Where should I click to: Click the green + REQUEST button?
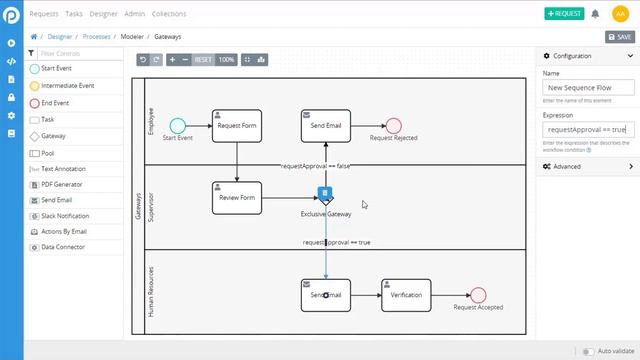click(564, 14)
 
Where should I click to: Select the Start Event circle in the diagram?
click(177, 125)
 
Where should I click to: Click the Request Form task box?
click(237, 126)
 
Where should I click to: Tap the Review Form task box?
click(237, 197)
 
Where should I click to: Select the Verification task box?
click(406, 295)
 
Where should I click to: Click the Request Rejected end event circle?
click(393, 125)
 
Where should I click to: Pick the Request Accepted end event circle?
click(477, 295)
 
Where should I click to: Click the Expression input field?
click(588, 129)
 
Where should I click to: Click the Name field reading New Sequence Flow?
click(588, 88)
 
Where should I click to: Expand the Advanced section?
click(588, 166)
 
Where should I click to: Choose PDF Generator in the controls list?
click(62, 184)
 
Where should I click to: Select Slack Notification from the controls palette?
click(65, 215)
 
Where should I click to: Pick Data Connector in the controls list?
click(63, 247)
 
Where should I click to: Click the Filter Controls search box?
click(82, 53)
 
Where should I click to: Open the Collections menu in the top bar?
click(169, 14)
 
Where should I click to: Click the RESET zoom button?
click(203, 60)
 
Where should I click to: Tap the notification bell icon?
click(596, 14)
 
